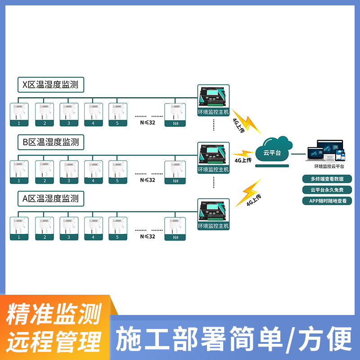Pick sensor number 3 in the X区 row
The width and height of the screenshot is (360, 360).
tap(68, 114)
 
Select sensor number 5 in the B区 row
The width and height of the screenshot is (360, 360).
tap(117, 172)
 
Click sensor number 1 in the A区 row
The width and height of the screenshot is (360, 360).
tap(19, 229)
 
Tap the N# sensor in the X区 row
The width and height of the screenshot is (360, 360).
tap(175, 114)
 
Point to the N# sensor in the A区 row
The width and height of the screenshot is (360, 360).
tap(175, 229)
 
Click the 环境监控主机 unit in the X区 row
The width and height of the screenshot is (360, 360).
tap(213, 100)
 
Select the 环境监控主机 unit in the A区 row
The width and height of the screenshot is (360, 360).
tap(213, 214)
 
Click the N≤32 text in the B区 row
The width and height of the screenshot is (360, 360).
tap(148, 180)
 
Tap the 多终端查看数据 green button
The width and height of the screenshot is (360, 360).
tap(327, 179)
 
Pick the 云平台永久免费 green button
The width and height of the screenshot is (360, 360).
tap(327, 190)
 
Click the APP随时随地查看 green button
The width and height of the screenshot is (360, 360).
tap(327, 201)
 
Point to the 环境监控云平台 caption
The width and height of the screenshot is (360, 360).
tap(327, 166)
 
